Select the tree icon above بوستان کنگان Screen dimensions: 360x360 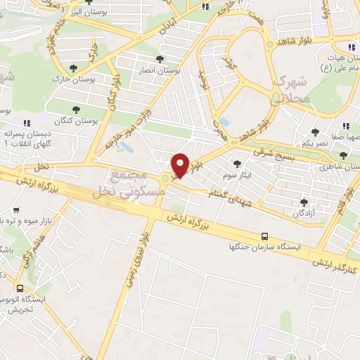click(x=76, y=109)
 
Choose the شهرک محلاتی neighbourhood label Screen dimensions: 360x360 click(x=290, y=89)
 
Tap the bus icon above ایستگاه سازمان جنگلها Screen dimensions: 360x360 click(x=264, y=237)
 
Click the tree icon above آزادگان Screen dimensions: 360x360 click(x=304, y=202)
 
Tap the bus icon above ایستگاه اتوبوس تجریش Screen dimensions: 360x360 click(x=20, y=288)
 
